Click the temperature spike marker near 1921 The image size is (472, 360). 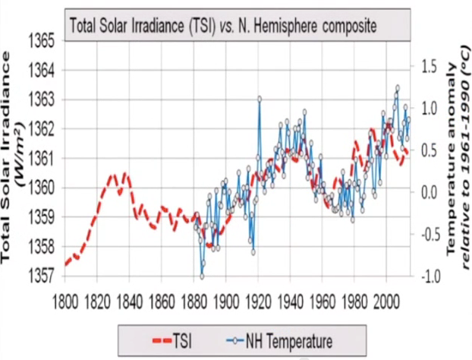pos(260,99)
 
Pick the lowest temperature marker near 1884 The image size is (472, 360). pos(202,274)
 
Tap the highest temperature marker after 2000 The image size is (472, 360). pos(397,87)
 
